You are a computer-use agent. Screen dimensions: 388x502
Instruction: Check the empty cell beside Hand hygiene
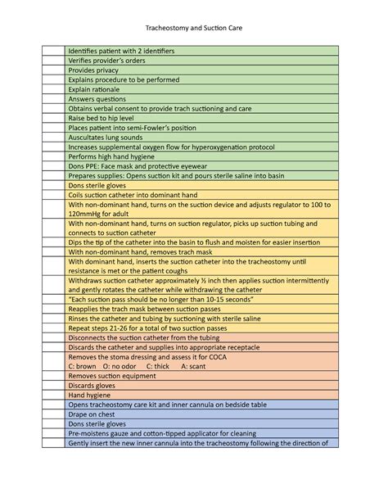click(53, 395)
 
